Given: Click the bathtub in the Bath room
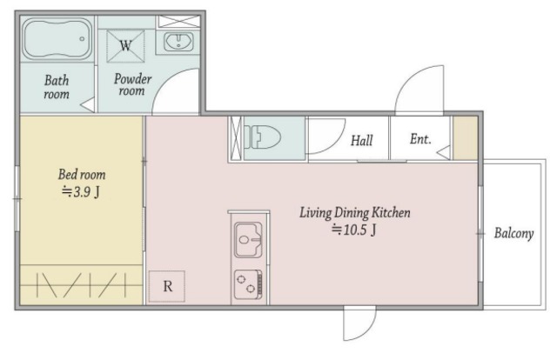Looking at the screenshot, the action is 57,39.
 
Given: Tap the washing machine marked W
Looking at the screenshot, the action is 125,46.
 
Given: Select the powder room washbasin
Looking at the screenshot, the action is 178,41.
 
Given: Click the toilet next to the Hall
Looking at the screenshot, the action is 262,137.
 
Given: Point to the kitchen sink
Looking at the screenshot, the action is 249,239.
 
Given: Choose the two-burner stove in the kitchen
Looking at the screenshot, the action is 248,284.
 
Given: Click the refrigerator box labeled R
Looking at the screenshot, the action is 166,286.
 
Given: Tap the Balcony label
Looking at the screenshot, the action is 513,233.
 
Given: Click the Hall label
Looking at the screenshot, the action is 362,140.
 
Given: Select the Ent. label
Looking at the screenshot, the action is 420,139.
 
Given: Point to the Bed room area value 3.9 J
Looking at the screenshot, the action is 81,192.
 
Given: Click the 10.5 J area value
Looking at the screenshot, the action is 354,230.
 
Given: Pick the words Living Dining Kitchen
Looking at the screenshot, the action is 355,213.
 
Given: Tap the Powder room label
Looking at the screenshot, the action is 132,84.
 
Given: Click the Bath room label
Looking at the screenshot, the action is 57,87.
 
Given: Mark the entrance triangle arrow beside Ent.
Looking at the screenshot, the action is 444,153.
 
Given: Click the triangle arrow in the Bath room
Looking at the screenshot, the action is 88,105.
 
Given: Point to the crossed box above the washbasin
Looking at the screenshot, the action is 178,21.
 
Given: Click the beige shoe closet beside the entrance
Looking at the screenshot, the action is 466,138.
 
